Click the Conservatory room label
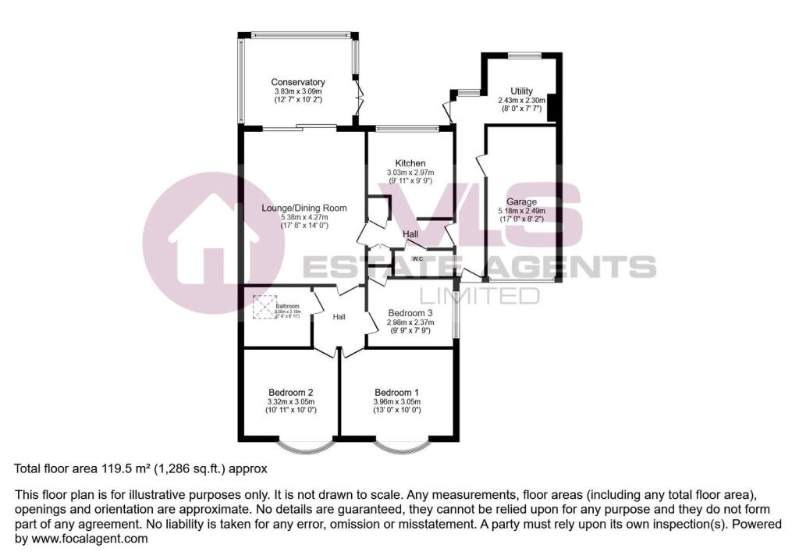(x=297, y=82)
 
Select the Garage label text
(x=522, y=201)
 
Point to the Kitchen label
(x=410, y=163)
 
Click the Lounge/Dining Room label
(x=304, y=208)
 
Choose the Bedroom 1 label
(x=396, y=392)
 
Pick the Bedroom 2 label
(x=291, y=392)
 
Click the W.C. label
(x=418, y=258)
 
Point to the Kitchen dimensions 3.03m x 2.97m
(x=410, y=173)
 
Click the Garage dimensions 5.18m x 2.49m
(x=522, y=211)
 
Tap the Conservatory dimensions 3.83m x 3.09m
(x=297, y=91)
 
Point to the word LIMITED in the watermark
(x=479, y=295)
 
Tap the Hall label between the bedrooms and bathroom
(x=339, y=317)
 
